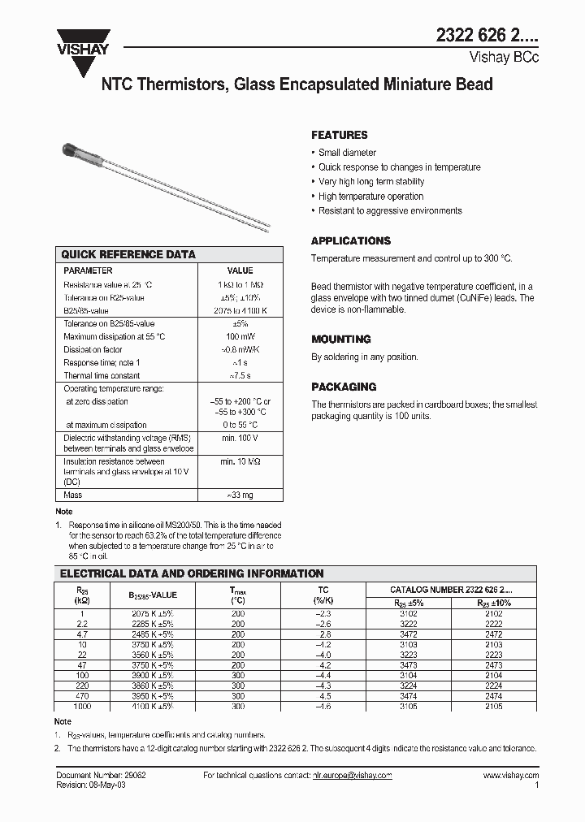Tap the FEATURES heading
point(340,135)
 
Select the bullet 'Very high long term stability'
point(371,182)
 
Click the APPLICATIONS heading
point(351,240)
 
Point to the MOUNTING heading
point(341,339)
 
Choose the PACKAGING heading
point(344,387)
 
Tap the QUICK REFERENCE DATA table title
point(128,254)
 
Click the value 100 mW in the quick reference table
point(240,336)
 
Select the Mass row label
point(73,495)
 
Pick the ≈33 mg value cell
point(240,495)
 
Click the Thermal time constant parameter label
point(102,375)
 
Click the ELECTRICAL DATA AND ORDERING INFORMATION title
point(193,573)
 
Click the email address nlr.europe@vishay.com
point(352,776)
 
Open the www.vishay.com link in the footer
point(510,776)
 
